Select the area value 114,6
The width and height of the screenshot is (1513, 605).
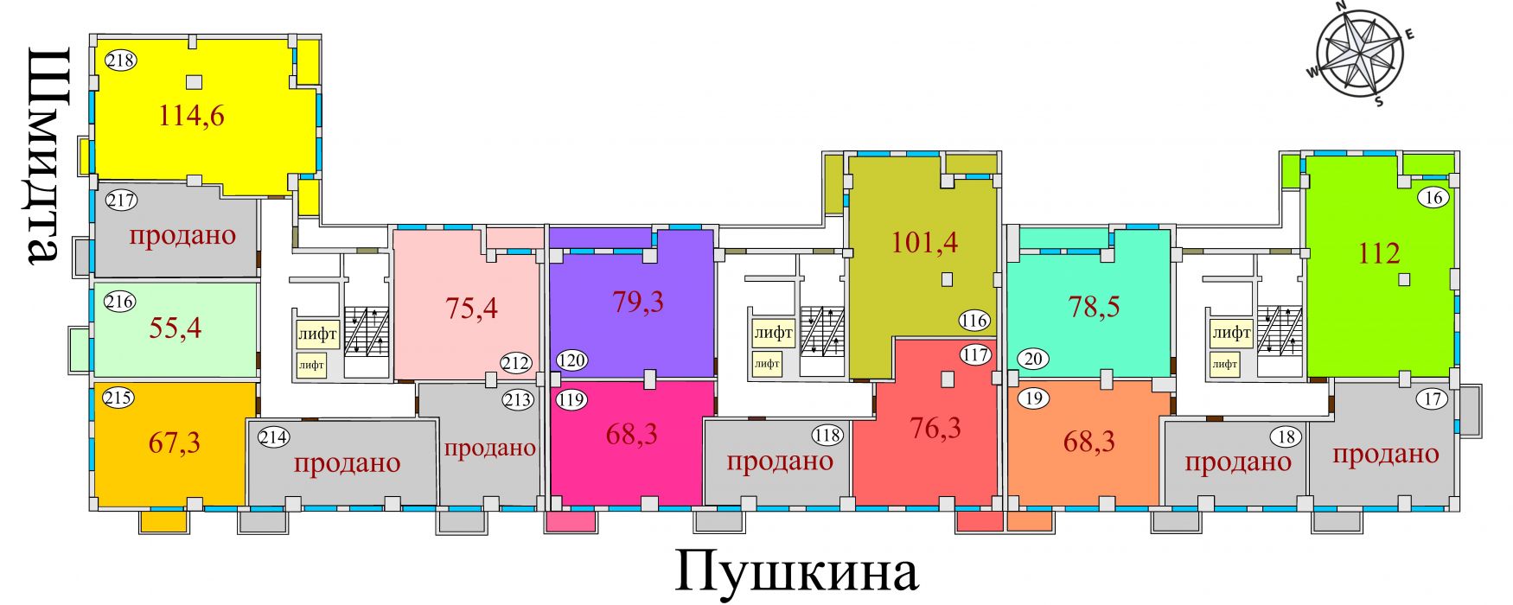[191, 115]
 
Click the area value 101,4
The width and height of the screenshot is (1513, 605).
[924, 242]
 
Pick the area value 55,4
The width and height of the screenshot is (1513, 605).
[176, 328]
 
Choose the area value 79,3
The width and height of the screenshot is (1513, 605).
[638, 302]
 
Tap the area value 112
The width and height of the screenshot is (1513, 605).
[1379, 253]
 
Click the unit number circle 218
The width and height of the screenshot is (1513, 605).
[120, 60]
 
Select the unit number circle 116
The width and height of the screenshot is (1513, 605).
[974, 321]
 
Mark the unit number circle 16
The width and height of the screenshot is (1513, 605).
[1433, 198]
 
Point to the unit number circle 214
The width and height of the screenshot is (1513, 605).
[274, 437]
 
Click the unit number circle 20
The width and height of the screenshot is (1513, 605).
[1034, 358]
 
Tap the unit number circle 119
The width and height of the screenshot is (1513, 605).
[571, 400]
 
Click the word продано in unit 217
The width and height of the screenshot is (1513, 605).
[182, 236]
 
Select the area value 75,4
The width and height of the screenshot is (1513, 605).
[471, 307]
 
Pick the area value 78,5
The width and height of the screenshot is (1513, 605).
[1094, 306]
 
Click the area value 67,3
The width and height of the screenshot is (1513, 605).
[175, 443]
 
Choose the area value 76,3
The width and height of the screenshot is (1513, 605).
[935, 428]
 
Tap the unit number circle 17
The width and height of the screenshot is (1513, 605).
[1433, 399]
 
